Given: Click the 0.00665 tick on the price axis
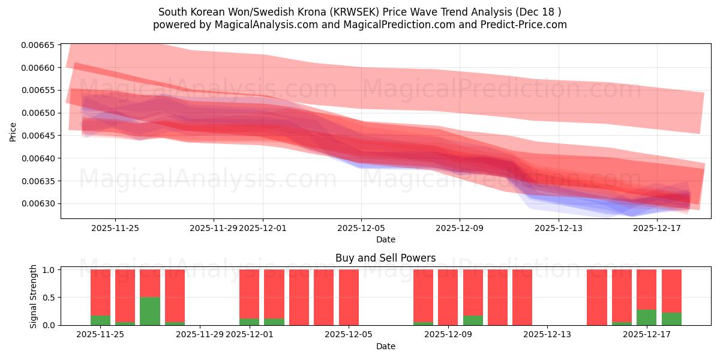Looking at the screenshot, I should click(38, 45).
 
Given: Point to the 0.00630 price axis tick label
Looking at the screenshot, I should click(38, 204).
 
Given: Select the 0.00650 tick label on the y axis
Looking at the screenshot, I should click(38, 113).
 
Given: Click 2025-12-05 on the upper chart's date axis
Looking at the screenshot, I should click(361, 228).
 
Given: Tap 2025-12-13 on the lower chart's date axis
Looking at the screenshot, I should click(547, 335).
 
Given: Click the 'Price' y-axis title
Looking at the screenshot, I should click(13, 132).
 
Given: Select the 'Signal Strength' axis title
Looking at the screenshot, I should click(34, 296).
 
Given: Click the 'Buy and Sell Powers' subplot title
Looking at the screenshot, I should click(385, 258).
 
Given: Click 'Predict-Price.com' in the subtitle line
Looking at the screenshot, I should click(527, 25).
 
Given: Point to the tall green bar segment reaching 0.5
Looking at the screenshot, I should click(150, 311).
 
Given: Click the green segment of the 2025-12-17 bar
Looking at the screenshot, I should click(646, 317).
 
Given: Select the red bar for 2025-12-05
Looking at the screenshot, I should click(349, 297).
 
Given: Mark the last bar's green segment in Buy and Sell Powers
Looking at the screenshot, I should click(671, 319).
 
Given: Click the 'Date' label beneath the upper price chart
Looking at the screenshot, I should click(385, 239).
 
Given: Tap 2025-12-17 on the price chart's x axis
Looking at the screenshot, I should click(657, 228).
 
